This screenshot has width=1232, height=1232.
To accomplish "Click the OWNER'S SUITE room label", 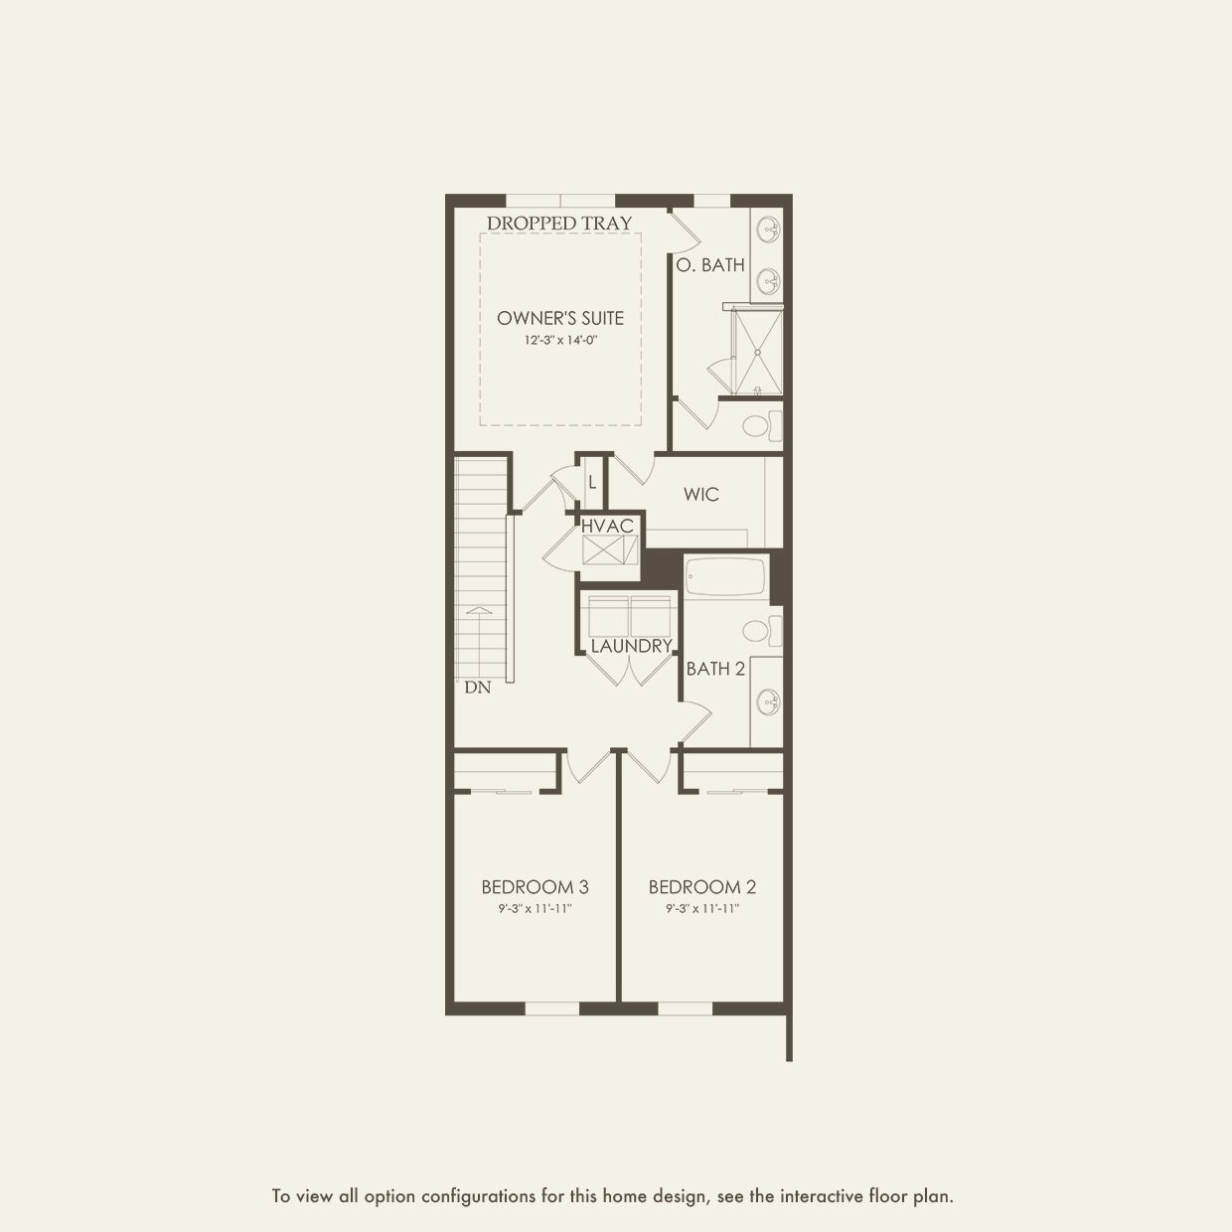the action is (x=560, y=318).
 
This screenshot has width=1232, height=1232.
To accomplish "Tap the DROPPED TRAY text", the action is (x=559, y=224).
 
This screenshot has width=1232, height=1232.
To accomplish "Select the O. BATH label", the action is (x=710, y=264).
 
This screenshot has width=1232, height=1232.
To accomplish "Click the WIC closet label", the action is (x=700, y=494).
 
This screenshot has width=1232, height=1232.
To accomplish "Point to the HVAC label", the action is (x=607, y=527).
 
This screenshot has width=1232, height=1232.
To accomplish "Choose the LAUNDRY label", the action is (x=631, y=646).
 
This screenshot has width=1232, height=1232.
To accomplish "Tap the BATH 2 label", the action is (x=715, y=669).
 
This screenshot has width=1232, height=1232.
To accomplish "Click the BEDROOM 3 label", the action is (x=536, y=887).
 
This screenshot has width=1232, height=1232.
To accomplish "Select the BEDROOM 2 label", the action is (x=702, y=887).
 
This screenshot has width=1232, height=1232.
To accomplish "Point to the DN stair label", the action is (x=478, y=688).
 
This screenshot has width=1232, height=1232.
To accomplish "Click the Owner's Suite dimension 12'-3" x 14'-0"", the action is (x=560, y=340).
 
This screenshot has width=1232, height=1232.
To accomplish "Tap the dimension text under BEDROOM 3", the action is (x=536, y=908).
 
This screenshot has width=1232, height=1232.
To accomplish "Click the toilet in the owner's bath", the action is (x=762, y=426).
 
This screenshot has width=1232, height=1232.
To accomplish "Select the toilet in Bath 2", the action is (x=762, y=630).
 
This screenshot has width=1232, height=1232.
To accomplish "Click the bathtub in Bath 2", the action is (x=726, y=577).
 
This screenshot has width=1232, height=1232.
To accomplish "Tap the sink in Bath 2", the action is (x=768, y=702).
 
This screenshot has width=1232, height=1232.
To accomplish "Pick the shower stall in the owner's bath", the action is (x=758, y=351).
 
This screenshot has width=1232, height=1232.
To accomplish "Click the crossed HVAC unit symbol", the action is (x=610, y=549).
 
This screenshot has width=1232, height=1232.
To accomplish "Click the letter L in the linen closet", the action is (x=593, y=482).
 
